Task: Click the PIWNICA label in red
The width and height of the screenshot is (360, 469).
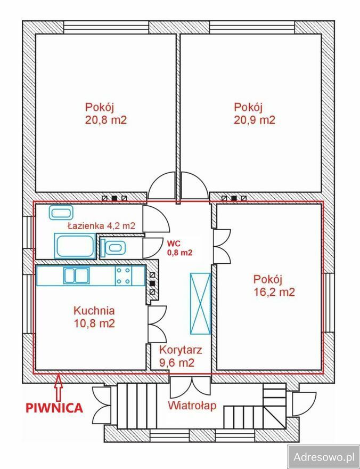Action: click(x=55, y=408)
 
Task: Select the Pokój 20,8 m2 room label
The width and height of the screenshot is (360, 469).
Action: click(x=105, y=113)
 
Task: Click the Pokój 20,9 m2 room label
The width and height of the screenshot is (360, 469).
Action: click(x=254, y=113)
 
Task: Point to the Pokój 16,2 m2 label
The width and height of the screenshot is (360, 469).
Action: click(x=274, y=285)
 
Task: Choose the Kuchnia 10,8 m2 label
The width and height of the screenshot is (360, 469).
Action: click(x=94, y=317)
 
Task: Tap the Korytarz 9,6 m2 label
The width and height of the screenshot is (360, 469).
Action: click(x=181, y=357)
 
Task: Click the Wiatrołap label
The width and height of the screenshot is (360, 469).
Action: click(x=192, y=406)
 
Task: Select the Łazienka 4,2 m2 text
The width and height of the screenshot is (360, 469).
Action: click(x=101, y=226)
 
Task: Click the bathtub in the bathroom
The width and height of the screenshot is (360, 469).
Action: click(x=75, y=246)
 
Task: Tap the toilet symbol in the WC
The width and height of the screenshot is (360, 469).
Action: click(x=113, y=246)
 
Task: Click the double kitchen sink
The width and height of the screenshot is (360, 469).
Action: click(x=76, y=276)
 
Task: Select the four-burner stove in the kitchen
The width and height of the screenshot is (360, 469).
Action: click(x=124, y=276)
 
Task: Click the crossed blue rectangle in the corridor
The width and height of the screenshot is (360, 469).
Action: click(x=200, y=302)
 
